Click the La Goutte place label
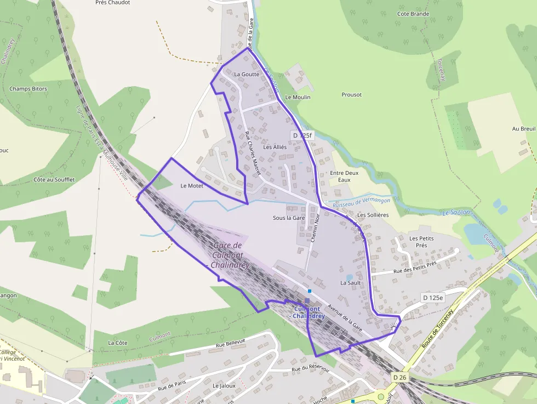(246, 74)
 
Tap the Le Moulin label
(298, 97)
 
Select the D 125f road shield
(302, 135)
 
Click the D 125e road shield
(432, 297)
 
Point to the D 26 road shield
(400, 378)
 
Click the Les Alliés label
(275, 147)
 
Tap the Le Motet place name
(192, 186)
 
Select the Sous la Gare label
(289, 218)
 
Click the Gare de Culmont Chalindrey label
(230, 255)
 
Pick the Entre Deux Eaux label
(344, 176)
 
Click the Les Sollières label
(373, 215)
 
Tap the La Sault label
(350, 283)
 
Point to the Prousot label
(351, 95)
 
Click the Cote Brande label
(413, 14)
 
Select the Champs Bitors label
(28, 89)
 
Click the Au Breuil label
(523, 129)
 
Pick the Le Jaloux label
(224, 385)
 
